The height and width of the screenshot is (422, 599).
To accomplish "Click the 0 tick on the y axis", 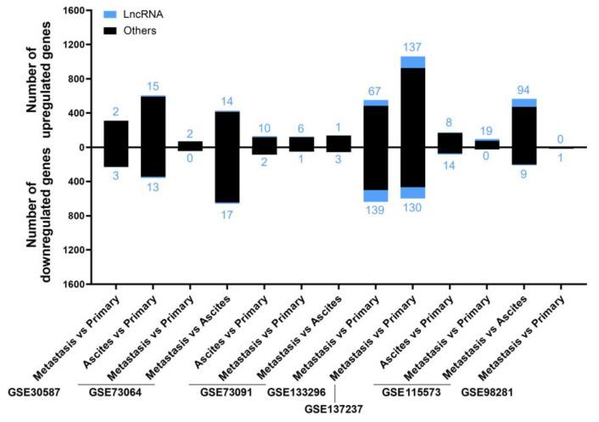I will (x=81, y=147).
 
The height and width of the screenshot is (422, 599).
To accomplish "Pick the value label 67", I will (x=376, y=92).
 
